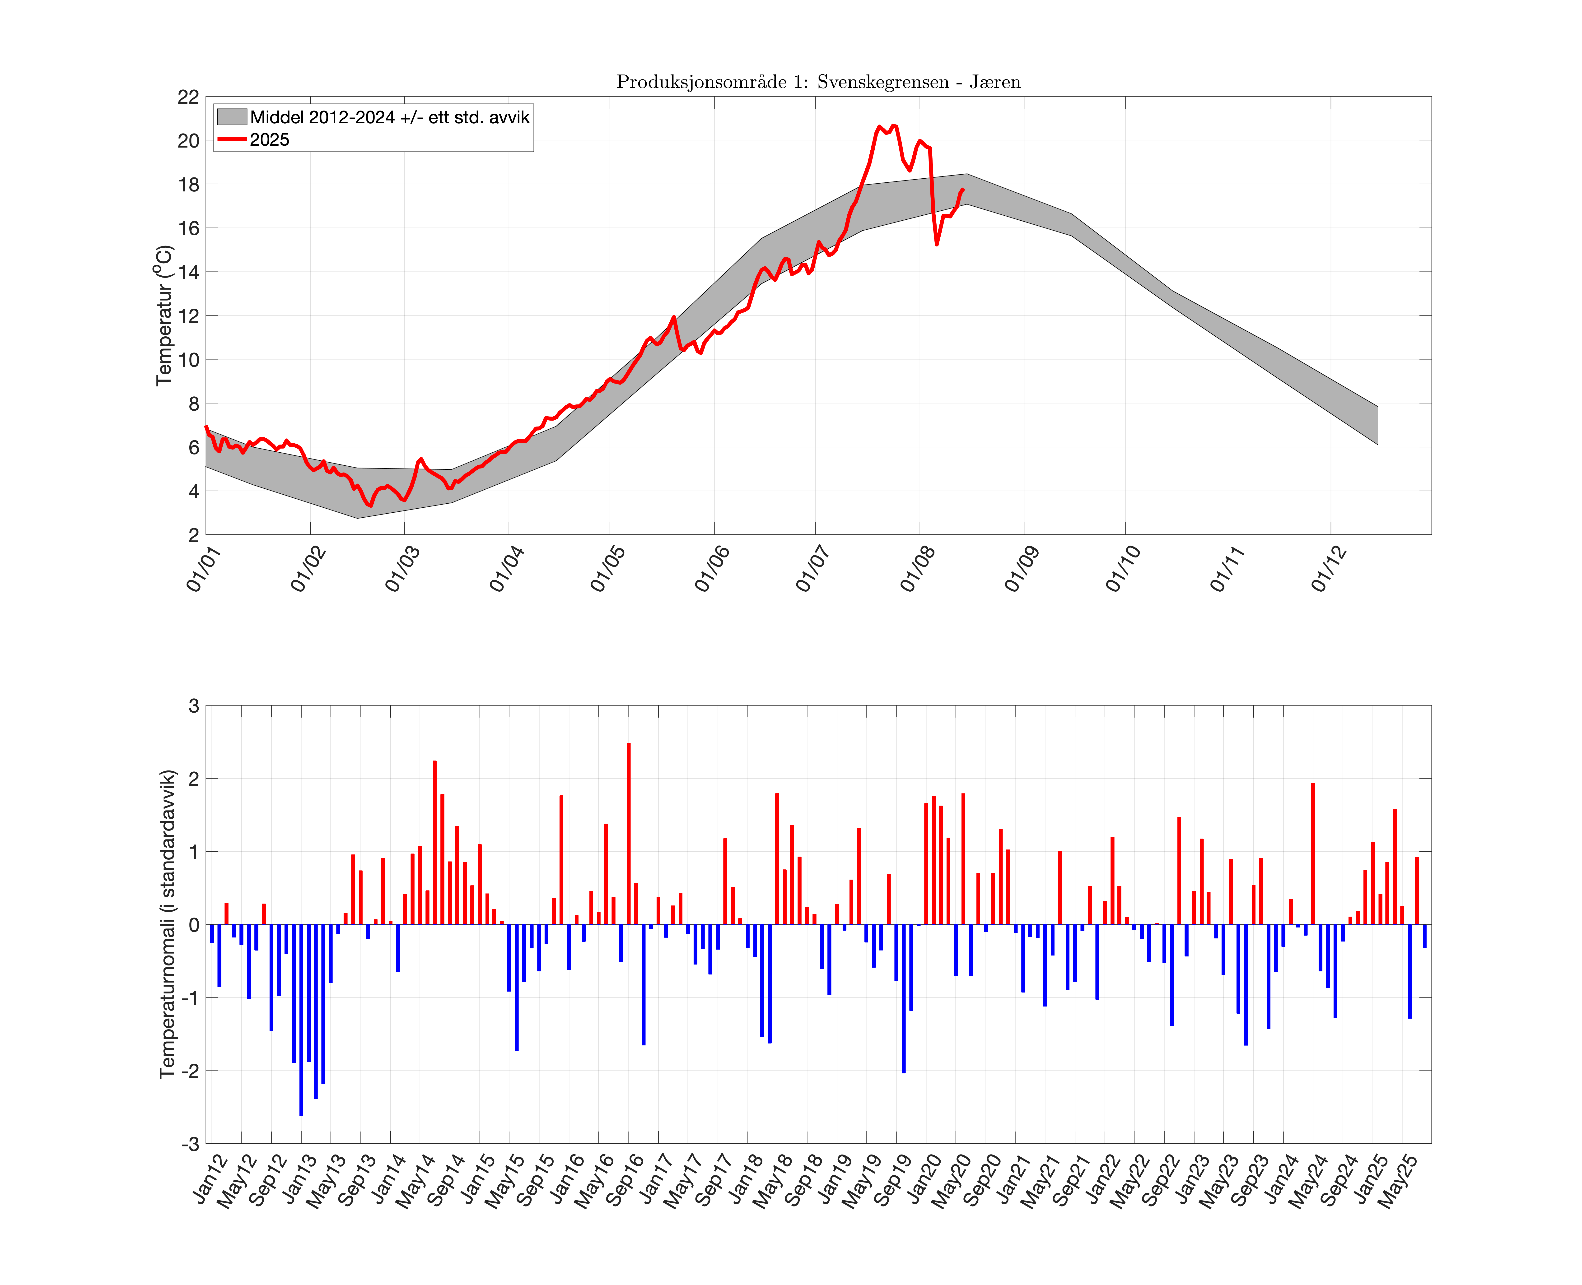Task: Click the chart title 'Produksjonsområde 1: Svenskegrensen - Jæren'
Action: [x=818, y=82]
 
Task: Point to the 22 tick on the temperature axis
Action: [x=188, y=97]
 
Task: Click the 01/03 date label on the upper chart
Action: [x=403, y=568]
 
